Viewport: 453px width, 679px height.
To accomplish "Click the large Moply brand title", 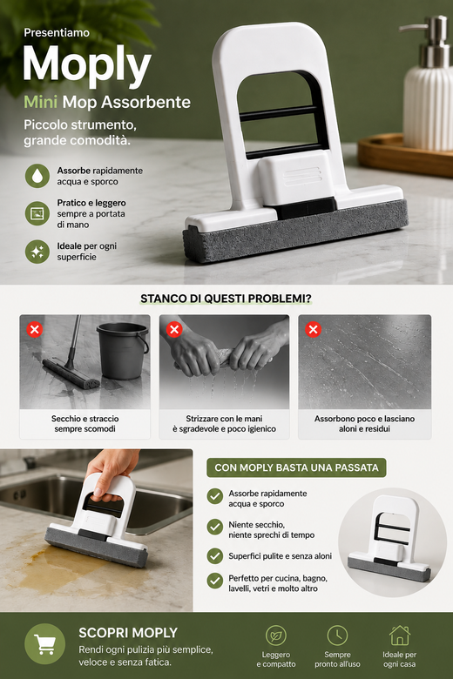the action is [x=87, y=65].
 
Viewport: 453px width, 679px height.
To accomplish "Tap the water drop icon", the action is [x=37, y=175].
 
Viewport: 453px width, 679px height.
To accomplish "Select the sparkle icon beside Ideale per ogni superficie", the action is [x=37, y=252].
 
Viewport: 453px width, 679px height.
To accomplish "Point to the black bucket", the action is [x=122, y=351].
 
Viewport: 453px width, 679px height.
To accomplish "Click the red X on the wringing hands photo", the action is [x=174, y=330].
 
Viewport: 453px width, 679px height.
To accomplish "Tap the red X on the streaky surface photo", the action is [x=313, y=330].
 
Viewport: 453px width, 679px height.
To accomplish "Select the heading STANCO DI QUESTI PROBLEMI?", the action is [x=226, y=299].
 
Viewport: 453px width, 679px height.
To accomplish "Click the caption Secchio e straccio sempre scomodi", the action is [x=85, y=424].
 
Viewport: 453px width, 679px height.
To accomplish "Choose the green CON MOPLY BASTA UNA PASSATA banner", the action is [x=296, y=467].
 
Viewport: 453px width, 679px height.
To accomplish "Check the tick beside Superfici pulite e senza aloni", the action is [x=214, y=556].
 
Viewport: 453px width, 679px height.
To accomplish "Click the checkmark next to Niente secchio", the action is [x=214, y=527].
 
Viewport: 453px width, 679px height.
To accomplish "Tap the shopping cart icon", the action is [x=44, y=644].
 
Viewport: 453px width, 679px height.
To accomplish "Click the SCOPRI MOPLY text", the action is [x=128, y=633].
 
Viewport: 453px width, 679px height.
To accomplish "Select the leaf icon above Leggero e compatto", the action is [x=275, y=635].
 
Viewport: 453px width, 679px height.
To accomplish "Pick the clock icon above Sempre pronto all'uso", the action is [x=337, y=635].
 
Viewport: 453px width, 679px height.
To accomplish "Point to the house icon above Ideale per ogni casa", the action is [x=399, y=635].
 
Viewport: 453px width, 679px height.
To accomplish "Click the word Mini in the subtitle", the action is [x=40, y=102].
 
